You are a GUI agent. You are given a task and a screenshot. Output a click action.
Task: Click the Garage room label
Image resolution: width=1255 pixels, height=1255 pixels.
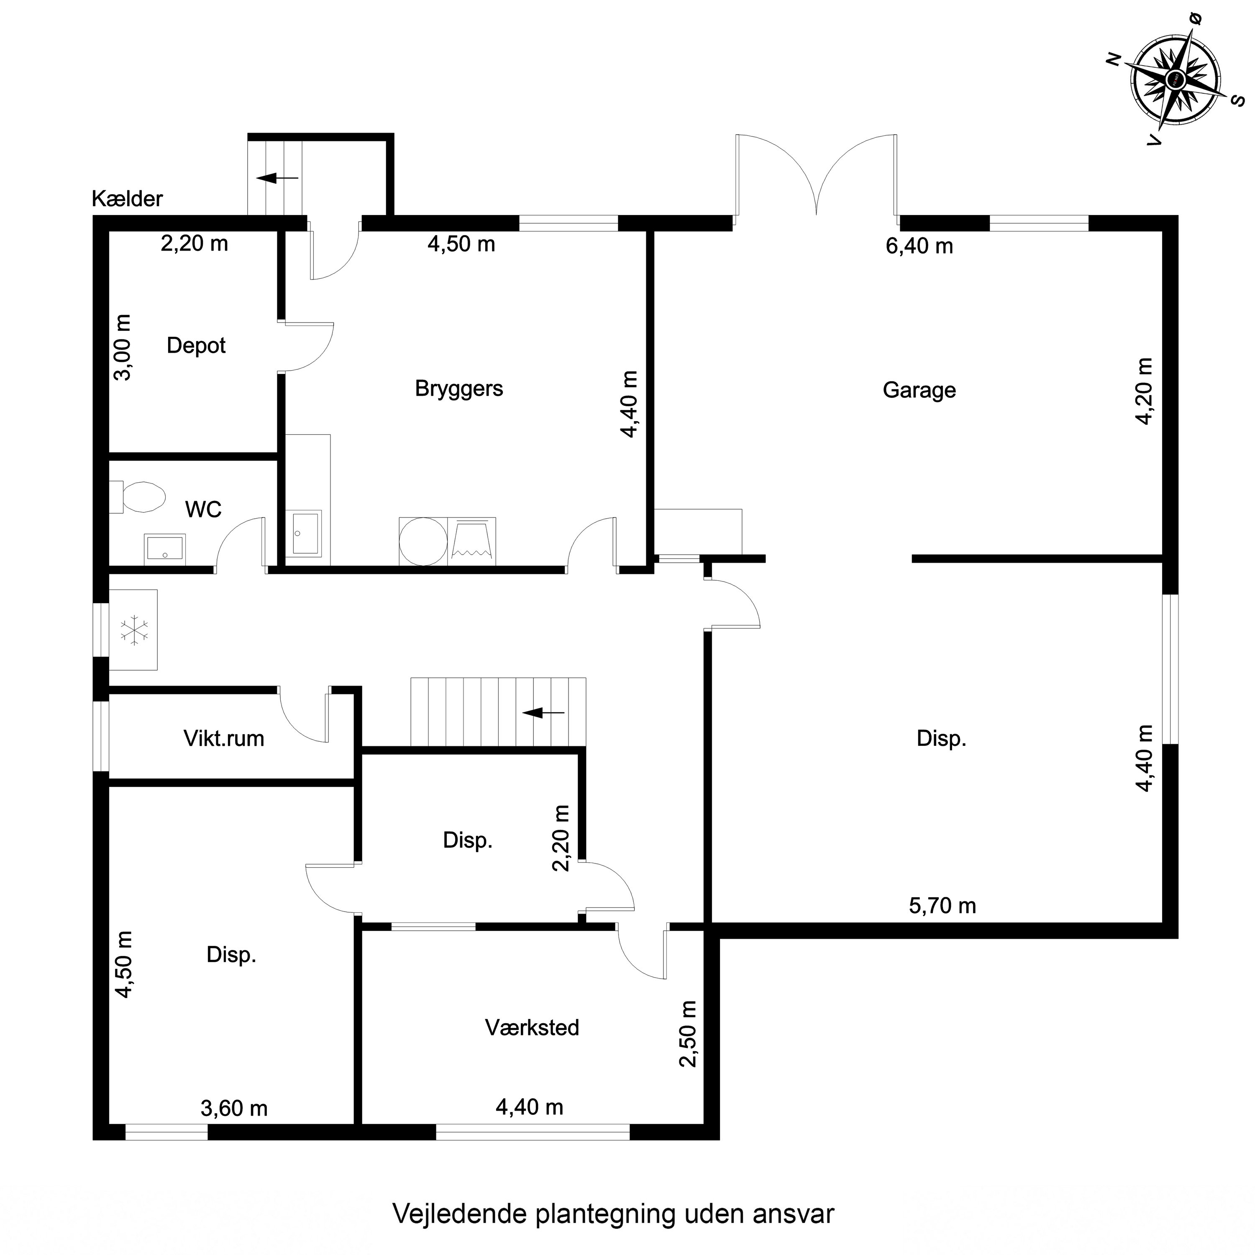pos(919,390)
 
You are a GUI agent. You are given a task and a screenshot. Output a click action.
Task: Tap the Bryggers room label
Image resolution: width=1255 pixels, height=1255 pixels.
pos(459,389)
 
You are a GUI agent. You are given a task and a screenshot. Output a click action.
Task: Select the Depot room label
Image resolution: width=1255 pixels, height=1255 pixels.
pos(196,345)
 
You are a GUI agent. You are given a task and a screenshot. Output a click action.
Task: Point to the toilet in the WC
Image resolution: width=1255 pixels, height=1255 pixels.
pos(137,497)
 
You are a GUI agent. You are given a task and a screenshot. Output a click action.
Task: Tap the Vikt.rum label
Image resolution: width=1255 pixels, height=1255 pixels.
pos(224,739)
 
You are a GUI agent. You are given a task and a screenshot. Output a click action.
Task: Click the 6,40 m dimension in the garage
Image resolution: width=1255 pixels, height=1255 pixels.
pos(919,246)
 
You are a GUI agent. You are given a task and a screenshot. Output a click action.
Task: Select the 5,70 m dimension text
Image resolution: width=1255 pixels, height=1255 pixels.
pos(942,906)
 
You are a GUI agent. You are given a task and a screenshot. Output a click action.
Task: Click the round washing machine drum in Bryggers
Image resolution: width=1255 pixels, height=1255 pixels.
pos(423,541)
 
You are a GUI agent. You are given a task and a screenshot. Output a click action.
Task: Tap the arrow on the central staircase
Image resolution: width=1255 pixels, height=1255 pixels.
pos(544,712)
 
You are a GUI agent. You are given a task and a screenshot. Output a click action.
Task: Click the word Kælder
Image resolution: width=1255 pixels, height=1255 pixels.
pos(127,199)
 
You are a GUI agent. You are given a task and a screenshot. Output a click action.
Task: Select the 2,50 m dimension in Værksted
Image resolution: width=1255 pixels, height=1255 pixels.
pos(688,1033)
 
